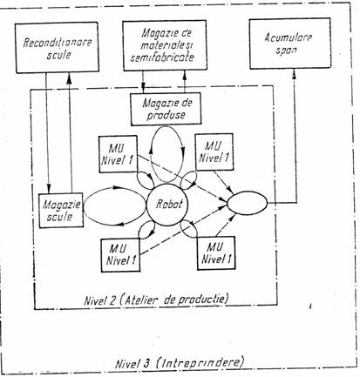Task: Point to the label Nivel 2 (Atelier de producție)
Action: [156, 299]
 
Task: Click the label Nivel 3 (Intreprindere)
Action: [180, 363]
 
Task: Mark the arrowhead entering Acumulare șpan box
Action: [294, 73]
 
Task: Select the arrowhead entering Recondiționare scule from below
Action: [69, 77]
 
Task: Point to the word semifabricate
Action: [162, 57]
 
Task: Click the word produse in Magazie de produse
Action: [166, 115]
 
